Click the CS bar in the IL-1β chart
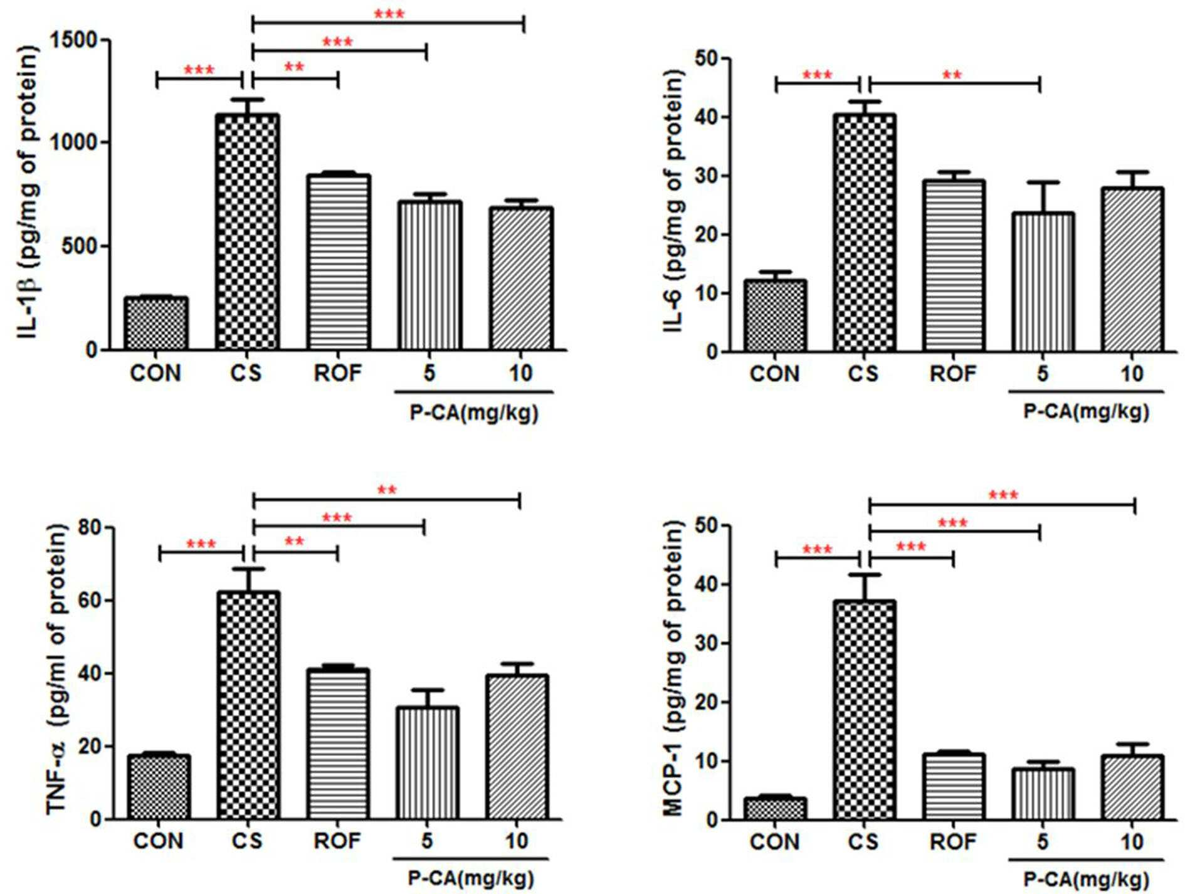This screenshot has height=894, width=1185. tap(247, 232)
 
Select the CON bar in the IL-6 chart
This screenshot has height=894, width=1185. tap(775, 316)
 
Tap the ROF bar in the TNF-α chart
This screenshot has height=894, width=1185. tap(337, 744)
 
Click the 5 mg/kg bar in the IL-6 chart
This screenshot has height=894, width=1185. tap(1043, 282)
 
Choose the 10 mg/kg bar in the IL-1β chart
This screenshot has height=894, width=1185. tap(521, 278)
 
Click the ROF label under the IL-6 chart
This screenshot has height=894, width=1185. tap(953, 374)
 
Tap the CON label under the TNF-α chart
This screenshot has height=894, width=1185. tap(159, 841)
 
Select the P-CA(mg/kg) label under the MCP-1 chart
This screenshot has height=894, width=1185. tap(1086, 881)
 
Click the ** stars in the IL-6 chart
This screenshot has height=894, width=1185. tap(952, 75)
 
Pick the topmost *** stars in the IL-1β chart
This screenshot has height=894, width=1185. tap(389, 14)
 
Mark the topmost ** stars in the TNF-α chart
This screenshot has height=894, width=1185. tap(387, 490)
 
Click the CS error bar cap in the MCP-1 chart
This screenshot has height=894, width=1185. tap(865, 574)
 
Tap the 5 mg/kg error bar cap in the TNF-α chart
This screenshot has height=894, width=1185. tap(427, 690)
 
